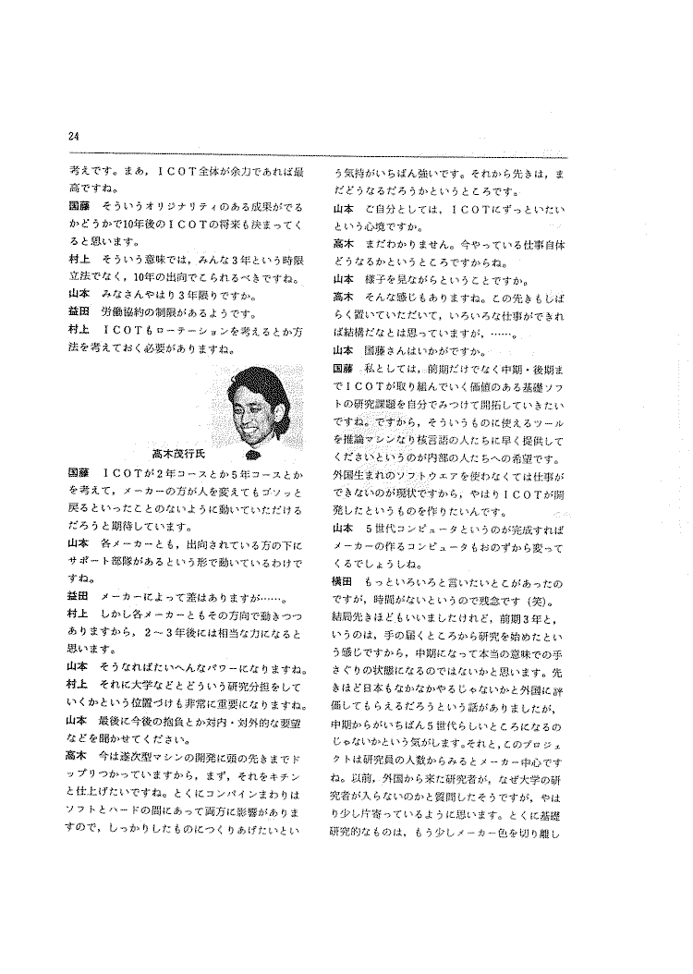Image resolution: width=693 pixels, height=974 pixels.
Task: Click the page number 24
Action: [74, 138]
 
